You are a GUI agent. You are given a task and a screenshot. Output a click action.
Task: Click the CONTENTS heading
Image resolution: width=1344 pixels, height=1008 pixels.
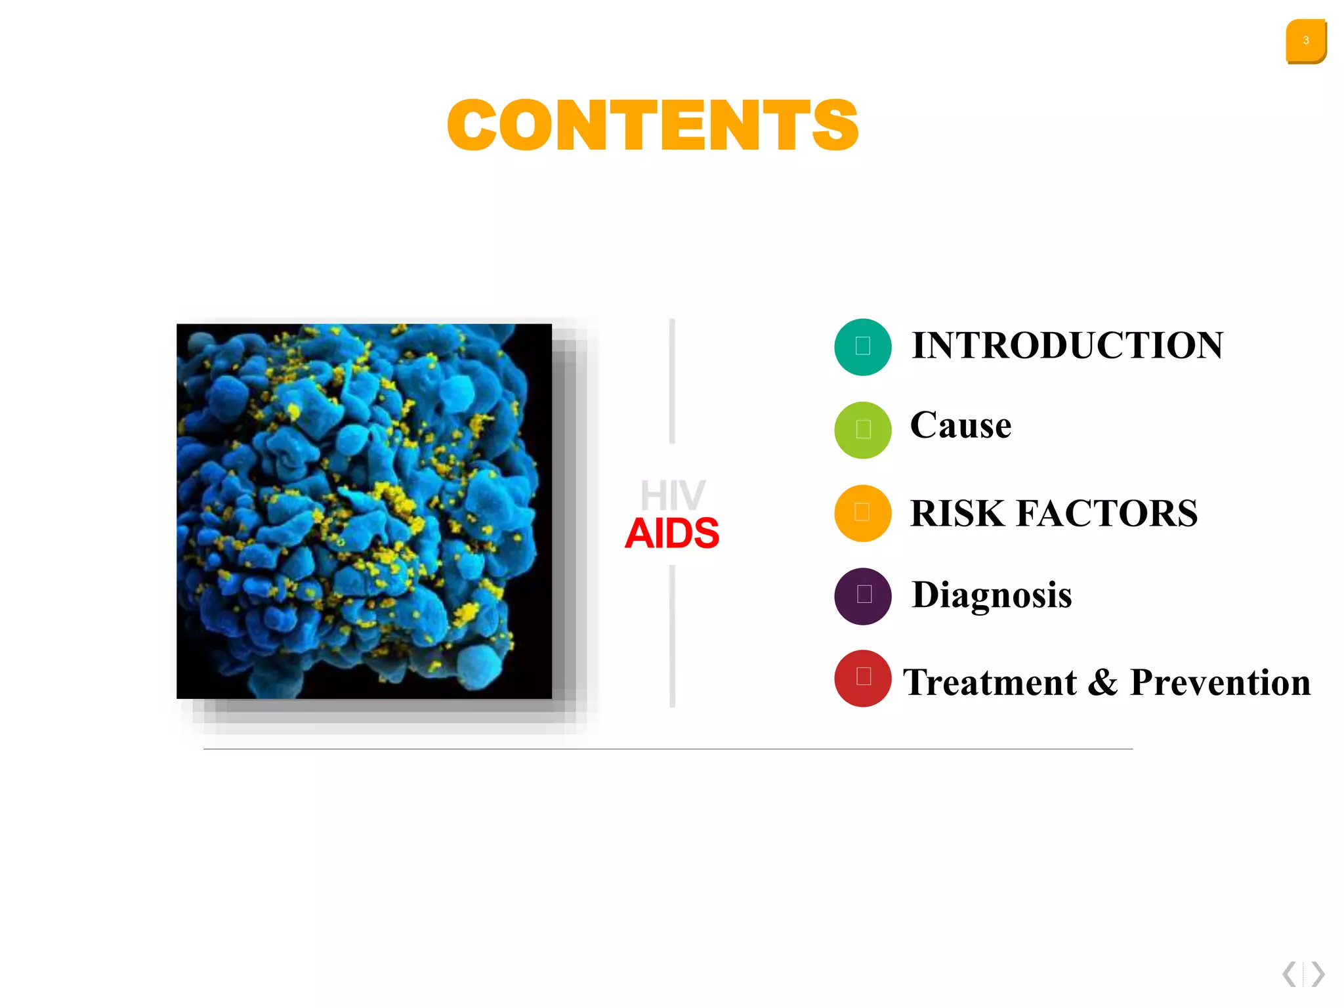pos(652,125)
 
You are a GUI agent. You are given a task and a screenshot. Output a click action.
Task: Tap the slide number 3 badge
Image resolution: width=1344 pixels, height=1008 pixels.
pos(1305,41)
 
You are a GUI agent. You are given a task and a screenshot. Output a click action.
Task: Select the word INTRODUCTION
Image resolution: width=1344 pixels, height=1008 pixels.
pos(1067,345)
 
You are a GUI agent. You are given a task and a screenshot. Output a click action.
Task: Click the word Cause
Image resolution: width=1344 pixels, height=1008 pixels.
pos(960,425)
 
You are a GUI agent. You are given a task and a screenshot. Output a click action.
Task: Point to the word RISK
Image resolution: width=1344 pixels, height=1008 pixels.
pos(957,513)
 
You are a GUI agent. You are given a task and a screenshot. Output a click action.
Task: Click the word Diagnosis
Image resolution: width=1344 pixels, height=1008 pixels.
pos(991,595)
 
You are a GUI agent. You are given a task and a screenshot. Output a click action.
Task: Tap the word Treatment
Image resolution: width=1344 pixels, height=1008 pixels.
pos(989,682)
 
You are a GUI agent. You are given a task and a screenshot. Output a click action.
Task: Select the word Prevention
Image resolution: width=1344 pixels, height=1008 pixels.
pos(1220,682)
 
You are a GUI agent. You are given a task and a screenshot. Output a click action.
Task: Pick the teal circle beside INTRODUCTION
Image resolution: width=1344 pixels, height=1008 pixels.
pos(862,346)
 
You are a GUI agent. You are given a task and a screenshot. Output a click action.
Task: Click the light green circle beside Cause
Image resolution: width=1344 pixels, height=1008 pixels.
pos(862,430)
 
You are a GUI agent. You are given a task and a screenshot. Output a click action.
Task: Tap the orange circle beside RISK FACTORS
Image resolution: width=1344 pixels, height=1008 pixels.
pos(862,513)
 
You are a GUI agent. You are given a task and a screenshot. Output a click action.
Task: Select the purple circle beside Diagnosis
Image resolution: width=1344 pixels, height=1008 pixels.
pos(862,596)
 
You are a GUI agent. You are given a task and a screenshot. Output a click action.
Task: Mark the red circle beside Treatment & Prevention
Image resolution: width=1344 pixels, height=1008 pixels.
pos(862,678)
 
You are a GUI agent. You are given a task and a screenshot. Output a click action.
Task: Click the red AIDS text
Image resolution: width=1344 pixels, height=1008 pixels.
pos(671,533)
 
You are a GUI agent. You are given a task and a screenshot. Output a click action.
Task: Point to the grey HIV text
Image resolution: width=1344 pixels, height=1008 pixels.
pos(672,495)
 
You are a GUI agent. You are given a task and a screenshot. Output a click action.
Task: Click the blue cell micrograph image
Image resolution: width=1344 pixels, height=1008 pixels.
pos(364,511)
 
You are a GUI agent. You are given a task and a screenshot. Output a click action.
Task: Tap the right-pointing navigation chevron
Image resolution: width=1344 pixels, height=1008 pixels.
pos(1318,974)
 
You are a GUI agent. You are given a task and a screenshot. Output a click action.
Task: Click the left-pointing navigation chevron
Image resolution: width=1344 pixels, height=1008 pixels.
pos(1290,974)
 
